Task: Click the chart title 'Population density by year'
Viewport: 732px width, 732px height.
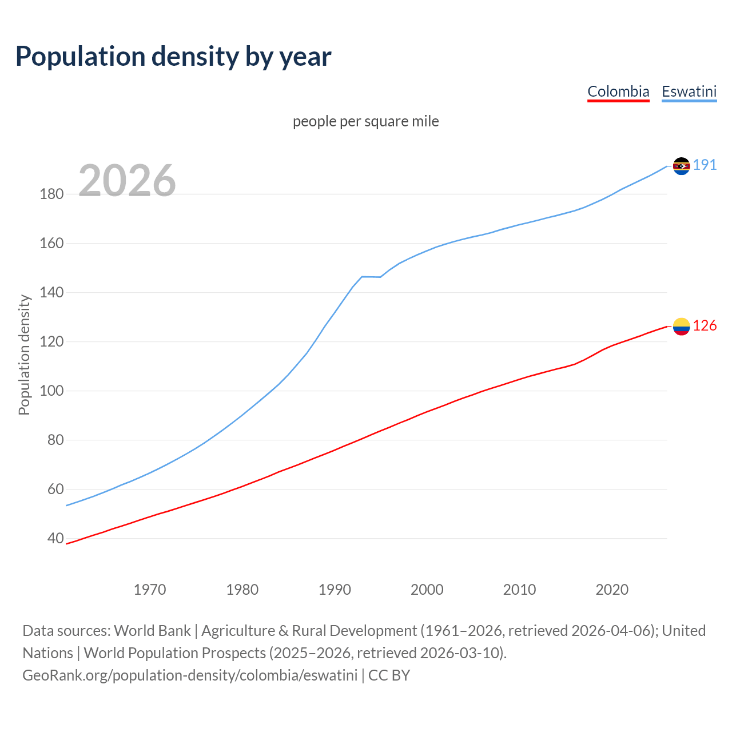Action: (173, 57)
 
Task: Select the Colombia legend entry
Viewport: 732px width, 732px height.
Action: (618, 91)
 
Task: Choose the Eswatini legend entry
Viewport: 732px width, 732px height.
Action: (689, 91)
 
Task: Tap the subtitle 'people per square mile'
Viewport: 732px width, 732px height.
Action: (365, 121)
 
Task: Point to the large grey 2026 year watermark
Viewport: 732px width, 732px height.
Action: (127, 181)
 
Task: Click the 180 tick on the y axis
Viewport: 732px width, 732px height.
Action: (51, 194)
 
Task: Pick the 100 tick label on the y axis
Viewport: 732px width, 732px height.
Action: (51, 391)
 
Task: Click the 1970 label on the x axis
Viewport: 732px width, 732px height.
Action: (150, 590)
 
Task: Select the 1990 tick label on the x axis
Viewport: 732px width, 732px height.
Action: (335, 590)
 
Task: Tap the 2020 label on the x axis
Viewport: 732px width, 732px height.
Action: (612, 590)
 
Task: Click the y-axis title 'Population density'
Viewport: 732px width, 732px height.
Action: (24, 355)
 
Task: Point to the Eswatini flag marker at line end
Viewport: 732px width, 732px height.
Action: (681, 166)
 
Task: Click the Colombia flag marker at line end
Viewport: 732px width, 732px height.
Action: (681, 327)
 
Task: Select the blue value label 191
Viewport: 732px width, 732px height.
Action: (705, 165)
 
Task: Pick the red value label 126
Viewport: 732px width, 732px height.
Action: (705, 326)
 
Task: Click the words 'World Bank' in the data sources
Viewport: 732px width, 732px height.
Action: (152, 631)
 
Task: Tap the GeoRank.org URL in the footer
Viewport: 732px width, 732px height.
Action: (190, 675)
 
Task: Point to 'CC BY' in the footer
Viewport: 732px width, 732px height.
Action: (389, 675)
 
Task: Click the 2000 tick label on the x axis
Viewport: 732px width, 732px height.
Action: (427, 590)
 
